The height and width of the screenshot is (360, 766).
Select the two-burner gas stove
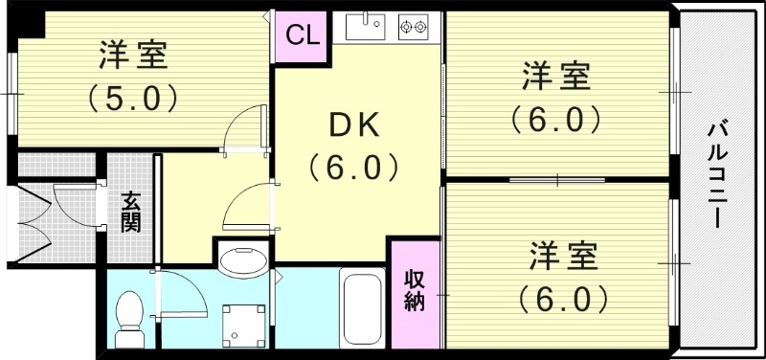[x=415, y=26]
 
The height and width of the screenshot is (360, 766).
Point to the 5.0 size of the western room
[x=133, y=97]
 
